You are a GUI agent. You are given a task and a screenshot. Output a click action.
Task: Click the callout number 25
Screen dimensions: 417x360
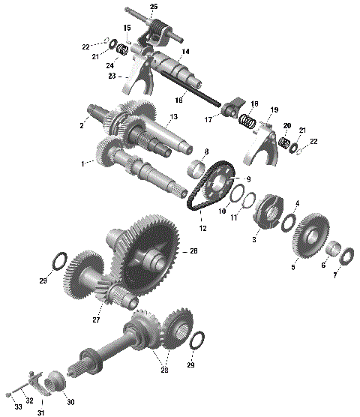pyautogui.click(x=154, y=7)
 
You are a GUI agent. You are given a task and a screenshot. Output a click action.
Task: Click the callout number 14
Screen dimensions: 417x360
pyautogui.click(x=185, y=52)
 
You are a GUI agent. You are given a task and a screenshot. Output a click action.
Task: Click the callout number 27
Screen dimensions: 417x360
pyautogui.click(x=97, y=319)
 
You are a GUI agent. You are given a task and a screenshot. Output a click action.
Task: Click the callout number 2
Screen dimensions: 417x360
pyautogui.click(x=82, y=125)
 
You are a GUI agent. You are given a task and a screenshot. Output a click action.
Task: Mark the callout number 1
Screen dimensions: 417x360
pyautogui.click(x=83, y=162)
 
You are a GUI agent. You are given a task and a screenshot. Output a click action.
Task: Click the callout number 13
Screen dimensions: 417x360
pyautogui.click(x=173, y=117)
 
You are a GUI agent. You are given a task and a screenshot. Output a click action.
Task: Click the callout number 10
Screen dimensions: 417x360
pyautogui.click(x=221, y=211)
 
